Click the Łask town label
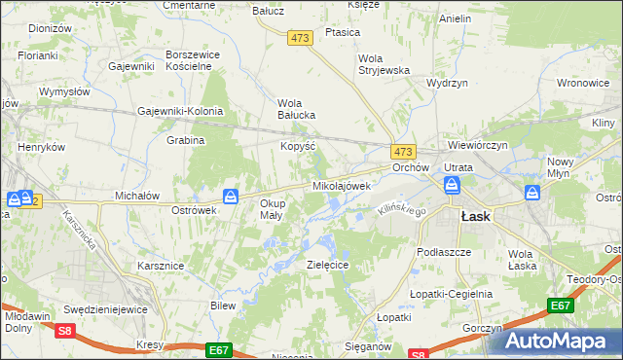coord(475,217)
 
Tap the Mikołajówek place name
coord(342,185)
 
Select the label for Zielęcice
coord(328,265)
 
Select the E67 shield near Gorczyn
coord(560,306)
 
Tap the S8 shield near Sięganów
coord(418,354)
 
